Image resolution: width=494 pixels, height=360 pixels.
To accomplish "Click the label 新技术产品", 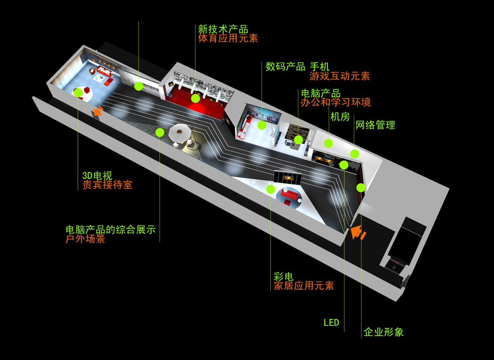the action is pyautogui.click(x=223, y=29).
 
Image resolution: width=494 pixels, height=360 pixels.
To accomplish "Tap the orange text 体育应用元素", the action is pyautogui.click(x=228, y=38).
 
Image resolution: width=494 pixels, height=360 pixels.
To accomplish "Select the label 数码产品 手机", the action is pyautogui.click(x=297, y=66).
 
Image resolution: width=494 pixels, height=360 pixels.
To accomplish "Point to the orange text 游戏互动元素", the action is pyautogui.click(x=340, y=76).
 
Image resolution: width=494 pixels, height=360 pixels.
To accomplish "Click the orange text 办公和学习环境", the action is pyautogui.click(x=336, y=103).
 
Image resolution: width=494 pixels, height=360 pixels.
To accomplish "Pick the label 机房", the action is pyautogui.click(x=340, y=117).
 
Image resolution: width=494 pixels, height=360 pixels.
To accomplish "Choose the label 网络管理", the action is pyautogui.click(x=375, y=125).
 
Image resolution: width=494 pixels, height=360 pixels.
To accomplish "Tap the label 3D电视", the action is pyautogui.click(x=97, y=176).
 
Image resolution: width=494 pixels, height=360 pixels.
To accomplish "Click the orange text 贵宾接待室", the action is pyautogui.click(x=107, y=185).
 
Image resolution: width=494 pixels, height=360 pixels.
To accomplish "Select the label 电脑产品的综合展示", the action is pyautogui.click(x=111, y=230).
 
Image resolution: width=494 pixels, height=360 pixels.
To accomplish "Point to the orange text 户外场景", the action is pyautogui.click(x=85, y=239).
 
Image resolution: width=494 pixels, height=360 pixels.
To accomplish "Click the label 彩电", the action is pyautogui.click(x=284, y=276).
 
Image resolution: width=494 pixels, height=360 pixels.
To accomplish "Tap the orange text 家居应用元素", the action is pyautogui.click(x=304, y=285).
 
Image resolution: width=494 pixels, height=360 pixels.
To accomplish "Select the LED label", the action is pyautogui.click(x=331, y=323).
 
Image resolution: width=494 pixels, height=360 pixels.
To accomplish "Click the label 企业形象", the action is pyautogui.click(x=384, y=332).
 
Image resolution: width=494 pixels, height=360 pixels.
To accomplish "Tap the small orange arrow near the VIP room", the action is pyautogui.click(x=98, y=111).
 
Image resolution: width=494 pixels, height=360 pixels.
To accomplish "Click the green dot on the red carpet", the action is pyautogui.click(x=196, y=98).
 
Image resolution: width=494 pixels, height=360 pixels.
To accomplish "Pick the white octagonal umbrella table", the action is pyautogui.click(x=180, y=133).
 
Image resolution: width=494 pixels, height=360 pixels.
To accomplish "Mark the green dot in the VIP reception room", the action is pyautogui.click(x=78, y=93).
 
